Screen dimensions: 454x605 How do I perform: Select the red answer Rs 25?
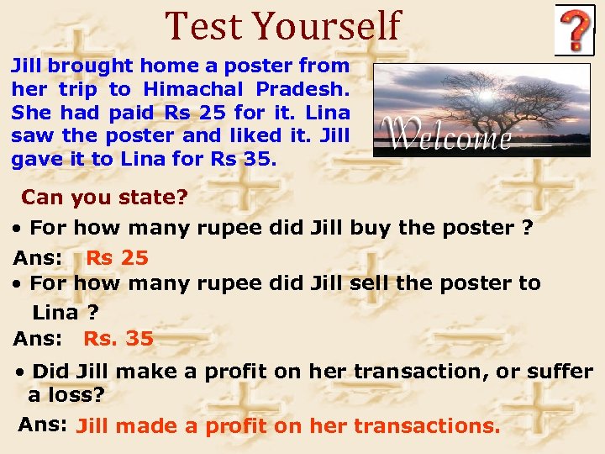click(117, 258)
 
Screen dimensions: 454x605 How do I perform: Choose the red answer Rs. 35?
click(118, 339)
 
